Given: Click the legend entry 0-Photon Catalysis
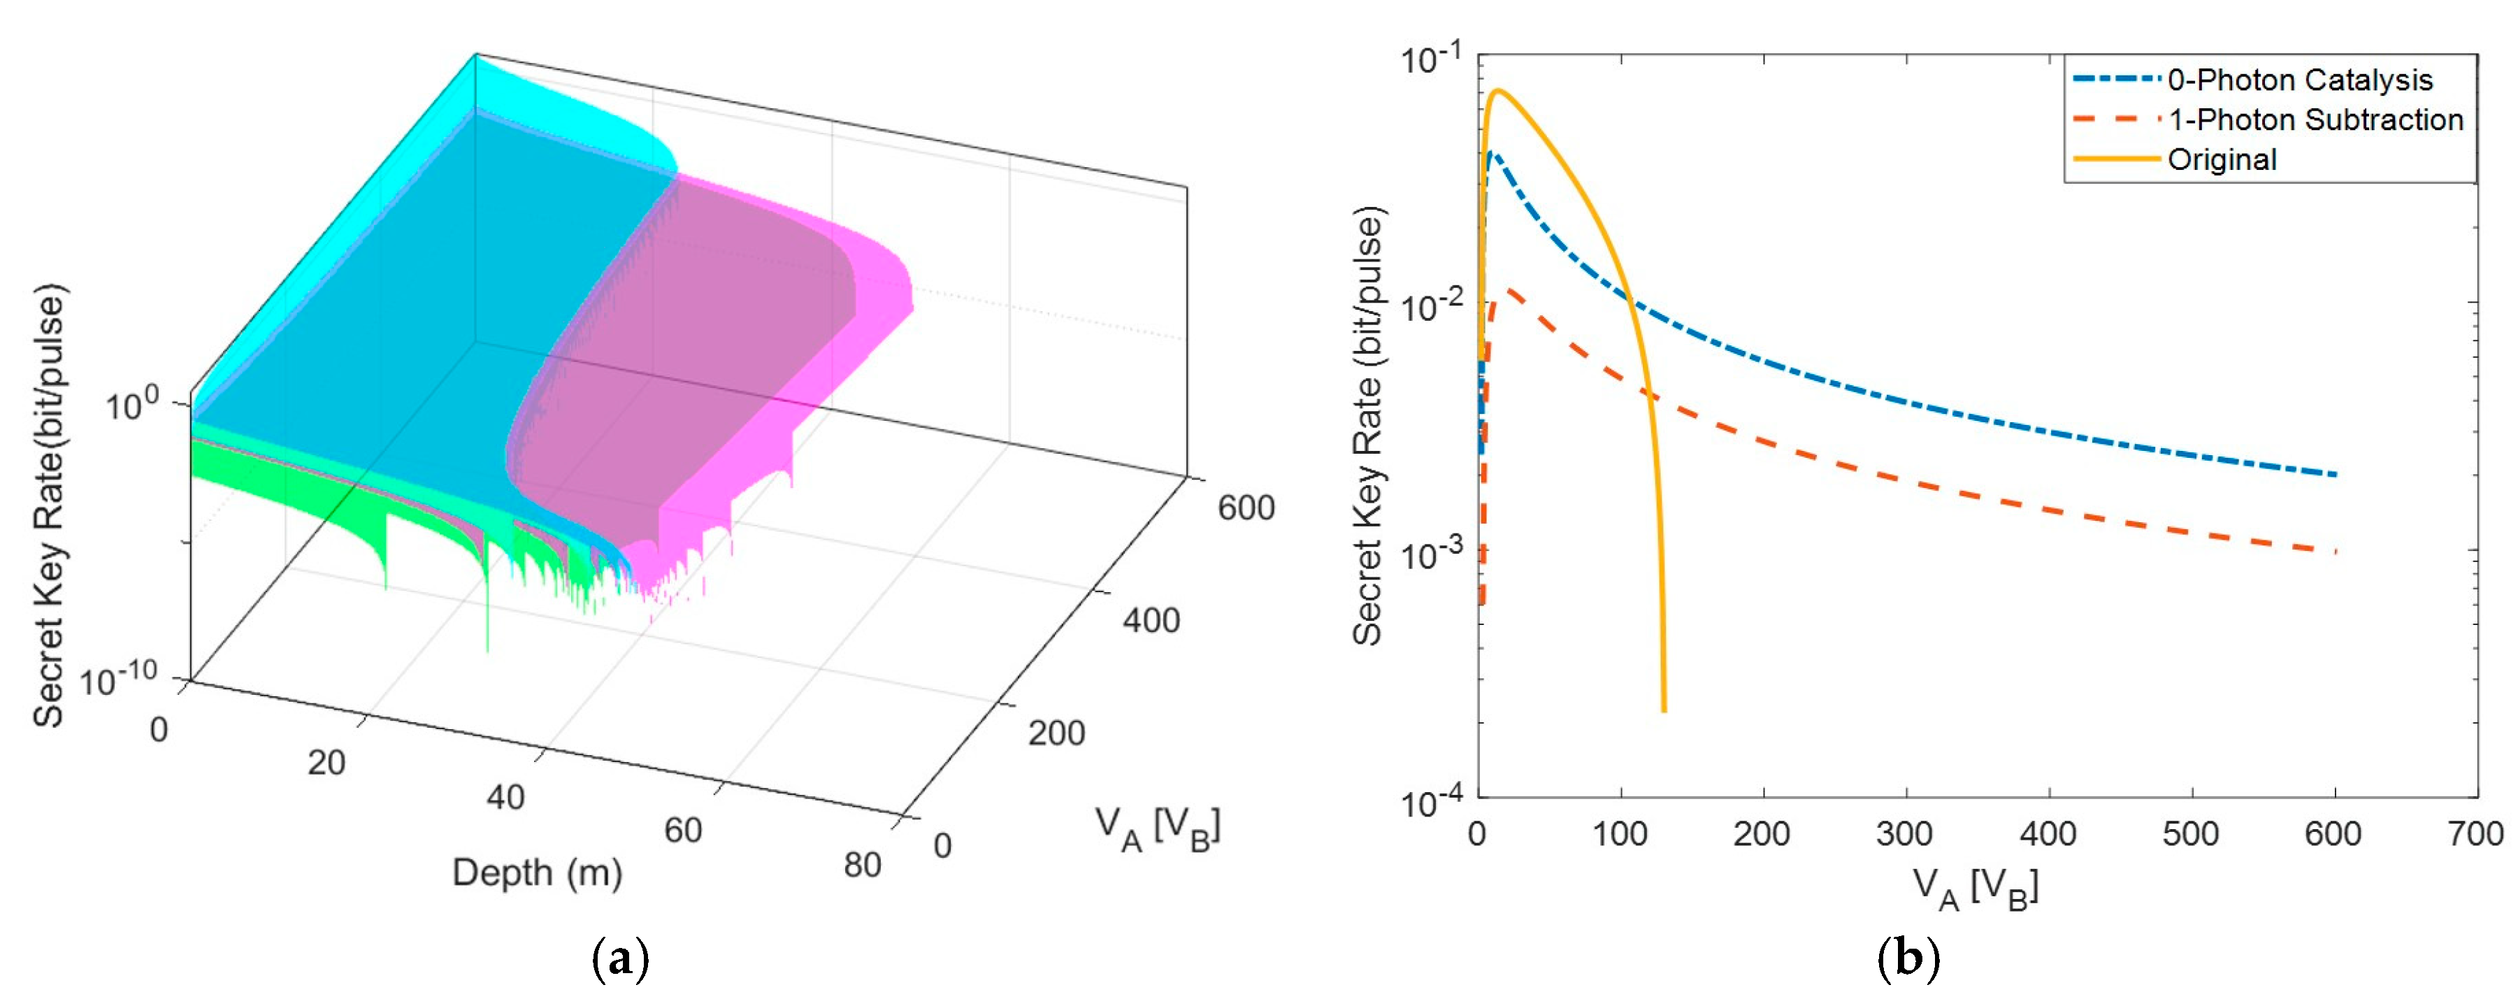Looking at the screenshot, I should coord(2299,80).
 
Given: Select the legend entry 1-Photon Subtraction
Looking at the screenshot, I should coord(2315,120).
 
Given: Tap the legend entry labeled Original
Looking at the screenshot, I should coord(2222,159).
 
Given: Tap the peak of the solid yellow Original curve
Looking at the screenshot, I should coord(1497,91).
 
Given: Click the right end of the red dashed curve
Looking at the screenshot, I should coord(2336,552).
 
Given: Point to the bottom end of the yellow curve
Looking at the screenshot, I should coord(1664,711).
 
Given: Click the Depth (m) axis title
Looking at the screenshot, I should coord(537,872).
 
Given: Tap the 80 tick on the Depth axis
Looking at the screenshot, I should coord(862,864).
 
